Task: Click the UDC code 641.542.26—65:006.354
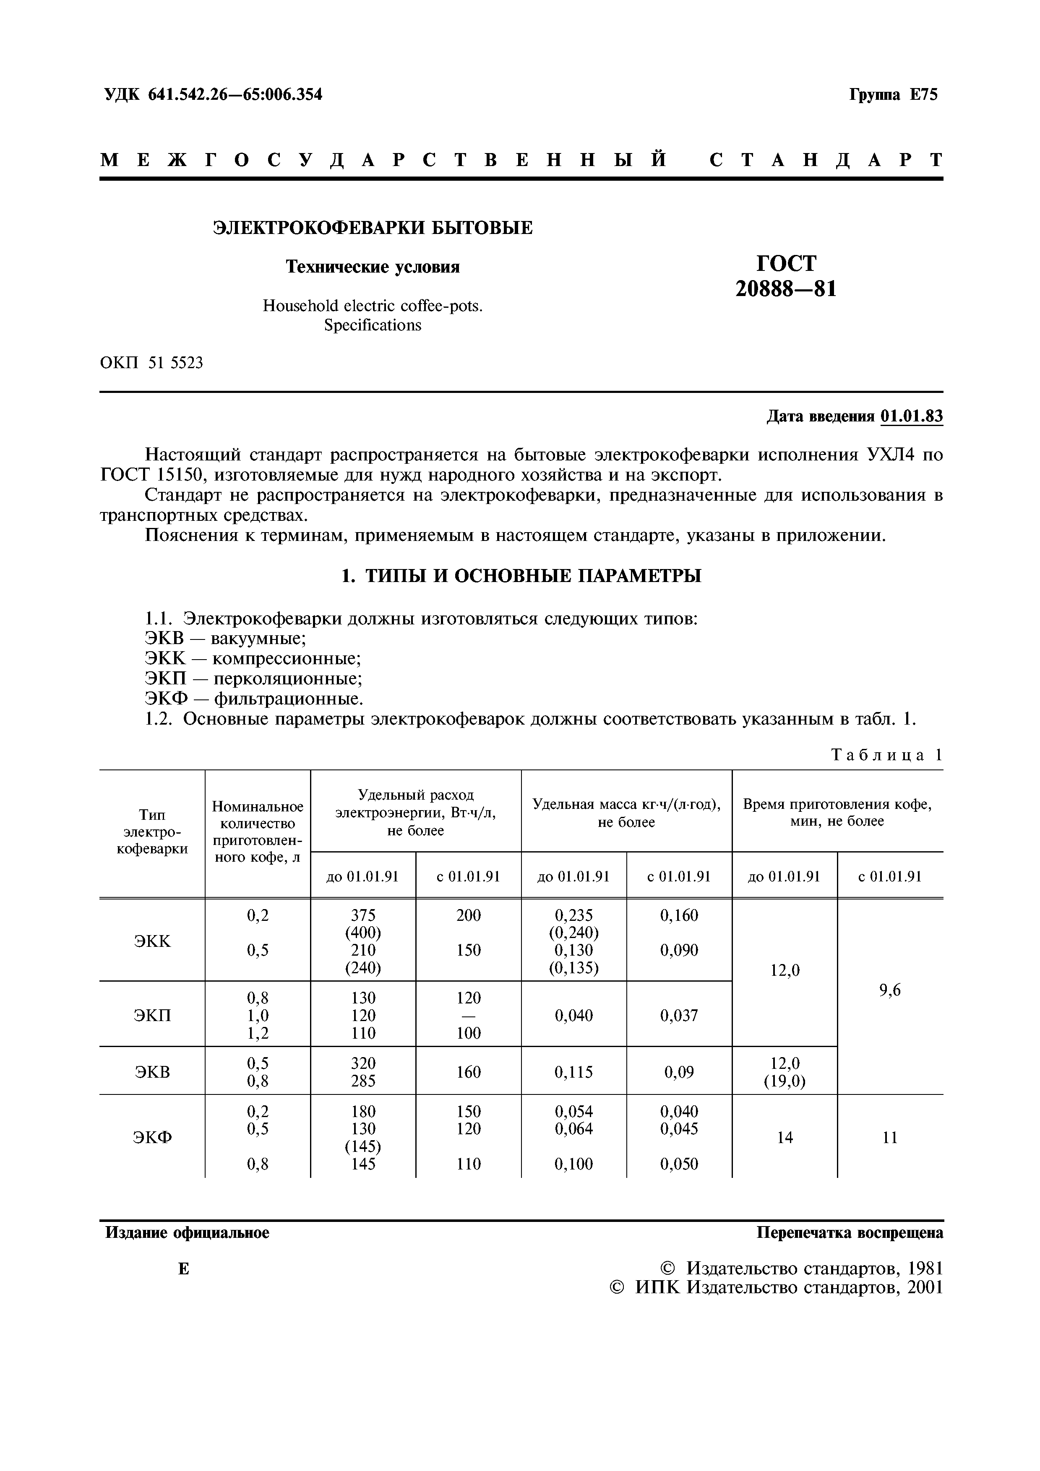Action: [235, 95]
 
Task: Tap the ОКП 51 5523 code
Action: [152, 363]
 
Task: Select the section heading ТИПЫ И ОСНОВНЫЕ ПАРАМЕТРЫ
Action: [533, 576]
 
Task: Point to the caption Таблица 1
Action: [886, 755]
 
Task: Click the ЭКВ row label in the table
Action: [153, 1072]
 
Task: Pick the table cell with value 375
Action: [363, 915]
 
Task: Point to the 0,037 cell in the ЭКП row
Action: [679, 1016]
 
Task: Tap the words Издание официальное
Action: [187, 1233]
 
